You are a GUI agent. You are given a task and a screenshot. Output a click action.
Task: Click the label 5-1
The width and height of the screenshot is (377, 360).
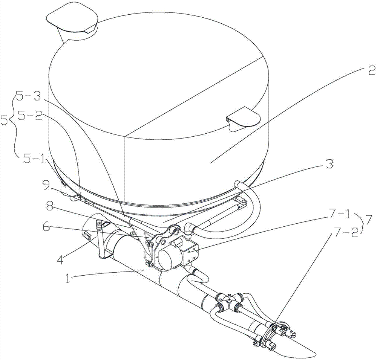coord(34,159)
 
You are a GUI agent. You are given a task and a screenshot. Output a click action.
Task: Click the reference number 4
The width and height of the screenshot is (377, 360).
coord(61,259)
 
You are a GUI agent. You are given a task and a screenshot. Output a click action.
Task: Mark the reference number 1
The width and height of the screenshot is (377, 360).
coord(68,279)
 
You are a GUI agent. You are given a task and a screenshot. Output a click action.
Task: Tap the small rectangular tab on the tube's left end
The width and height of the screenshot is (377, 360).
coord(87,235)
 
